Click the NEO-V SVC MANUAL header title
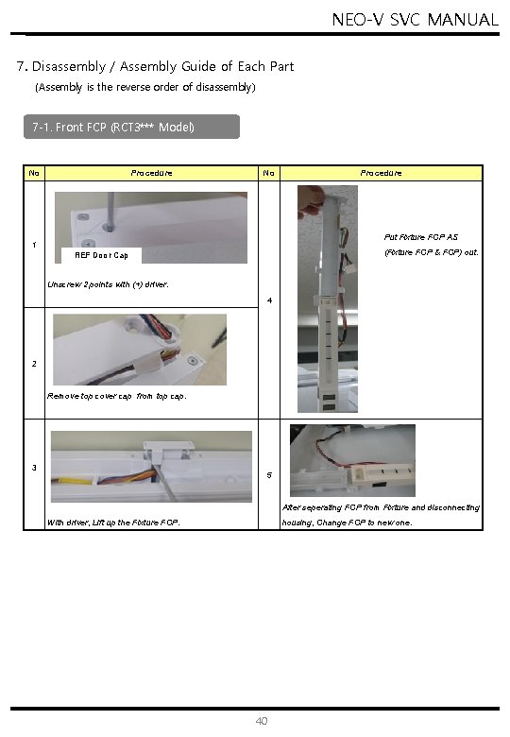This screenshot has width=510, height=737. coord(416,20)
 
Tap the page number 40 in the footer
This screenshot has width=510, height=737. coord(262,721)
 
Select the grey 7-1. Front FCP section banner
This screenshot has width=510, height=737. coord(131,127)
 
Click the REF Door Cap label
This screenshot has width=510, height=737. coord(101,255)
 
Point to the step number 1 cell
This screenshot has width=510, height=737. coord(34,245)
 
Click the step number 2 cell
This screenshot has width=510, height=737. coord(34,364)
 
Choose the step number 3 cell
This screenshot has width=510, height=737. coord(34,468)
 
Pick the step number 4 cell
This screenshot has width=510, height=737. coord(269,300)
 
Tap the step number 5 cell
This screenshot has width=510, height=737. coord(269,475)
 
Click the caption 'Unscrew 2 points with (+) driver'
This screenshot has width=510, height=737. coord(108,284)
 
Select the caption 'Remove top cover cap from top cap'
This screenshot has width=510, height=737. coord(116,396)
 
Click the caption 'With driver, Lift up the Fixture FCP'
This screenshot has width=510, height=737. coord(113,523)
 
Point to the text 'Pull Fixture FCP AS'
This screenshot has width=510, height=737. coord(421,237)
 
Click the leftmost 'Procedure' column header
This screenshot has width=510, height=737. coord(151,173)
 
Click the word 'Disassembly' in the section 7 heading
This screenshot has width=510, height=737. coord(69,67)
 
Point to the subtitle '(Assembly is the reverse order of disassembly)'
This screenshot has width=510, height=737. coord(145,88)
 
